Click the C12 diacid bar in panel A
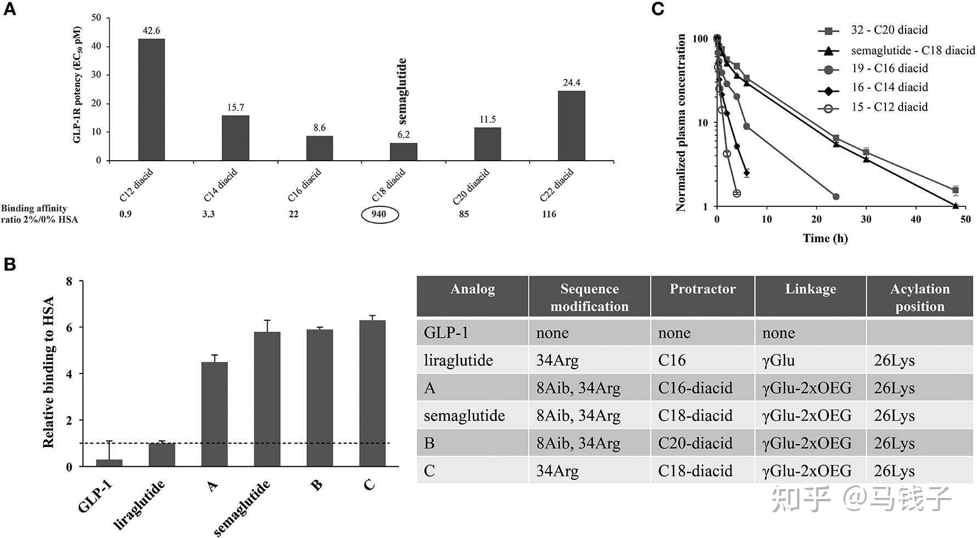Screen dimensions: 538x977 [x=151, y=100]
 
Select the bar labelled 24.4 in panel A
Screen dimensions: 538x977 [x=571, y=126]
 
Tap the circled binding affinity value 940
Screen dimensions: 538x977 [x=379, y=214]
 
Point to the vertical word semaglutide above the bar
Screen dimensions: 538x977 [x=402, y=91]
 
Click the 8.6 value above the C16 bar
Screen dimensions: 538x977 [x=320, y=128]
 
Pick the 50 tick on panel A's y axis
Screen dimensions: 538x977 [x=96, y=18]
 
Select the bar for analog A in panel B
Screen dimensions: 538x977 [x=214, y=414]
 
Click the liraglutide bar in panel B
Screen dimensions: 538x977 [x=162, y=455]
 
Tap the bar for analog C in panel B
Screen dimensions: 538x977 [x=372, y=393]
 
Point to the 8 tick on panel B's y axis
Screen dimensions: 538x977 [x=69, y=281]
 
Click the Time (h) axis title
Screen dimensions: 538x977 [x=825, y=238]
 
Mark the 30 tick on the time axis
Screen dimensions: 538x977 [x=866, y=219]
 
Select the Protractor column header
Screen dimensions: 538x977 [x=702, y=290]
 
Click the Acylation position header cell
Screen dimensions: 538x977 [x=919, y=297]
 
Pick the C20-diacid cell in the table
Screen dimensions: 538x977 [x=695, y=443]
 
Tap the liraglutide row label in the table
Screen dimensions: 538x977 [x=458, y=360]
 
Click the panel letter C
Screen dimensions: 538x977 [x=657, y=9]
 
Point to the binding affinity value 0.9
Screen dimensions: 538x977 [x=126, y=214]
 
